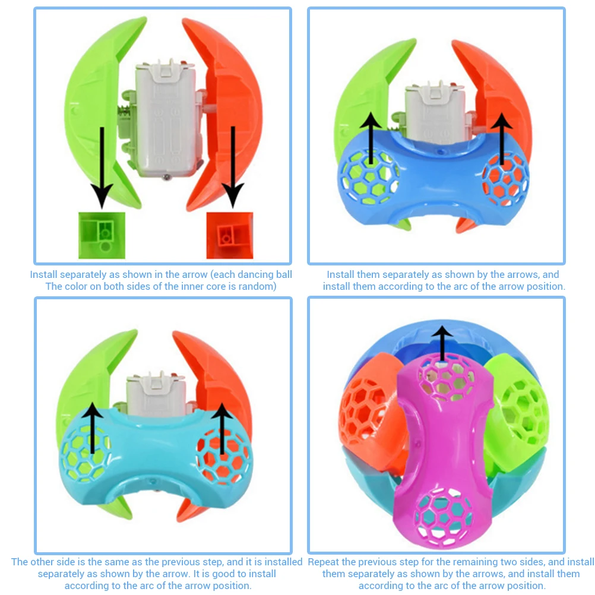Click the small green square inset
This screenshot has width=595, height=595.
[102, 235]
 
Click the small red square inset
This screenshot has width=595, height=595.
[229, 235]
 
